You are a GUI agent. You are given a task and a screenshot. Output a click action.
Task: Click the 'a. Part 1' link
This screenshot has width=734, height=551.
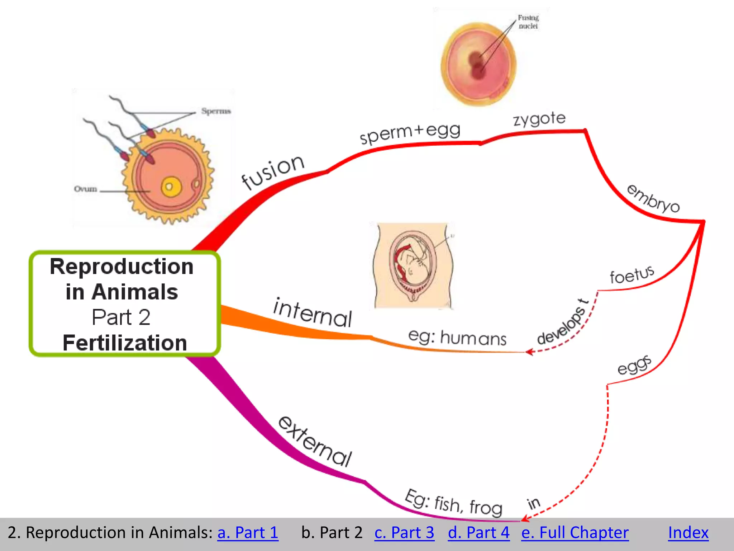tap(248, 532)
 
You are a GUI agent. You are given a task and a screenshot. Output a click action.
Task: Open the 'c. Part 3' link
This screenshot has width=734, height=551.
tap(404, 532)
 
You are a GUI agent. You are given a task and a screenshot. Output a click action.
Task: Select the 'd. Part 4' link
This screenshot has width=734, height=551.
tap(478, 532)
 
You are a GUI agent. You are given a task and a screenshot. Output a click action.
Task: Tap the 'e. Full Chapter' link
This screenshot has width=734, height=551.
tap(575, 532)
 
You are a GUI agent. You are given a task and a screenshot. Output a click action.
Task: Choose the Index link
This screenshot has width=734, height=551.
tap(688, 532)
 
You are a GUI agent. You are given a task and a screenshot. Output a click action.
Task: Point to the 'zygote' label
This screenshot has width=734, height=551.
tap(539, 119)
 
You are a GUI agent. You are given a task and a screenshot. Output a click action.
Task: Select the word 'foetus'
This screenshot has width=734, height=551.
tap(632, 275)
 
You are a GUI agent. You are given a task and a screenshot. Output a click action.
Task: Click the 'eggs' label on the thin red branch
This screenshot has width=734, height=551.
tap(634, 365)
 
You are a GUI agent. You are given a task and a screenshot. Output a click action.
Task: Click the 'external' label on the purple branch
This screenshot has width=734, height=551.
tap(315, 442)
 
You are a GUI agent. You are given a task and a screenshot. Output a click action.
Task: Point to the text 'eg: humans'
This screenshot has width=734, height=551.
tap(457, 338)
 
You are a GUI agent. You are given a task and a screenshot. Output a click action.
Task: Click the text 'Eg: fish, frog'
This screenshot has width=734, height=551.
tap(453, 503)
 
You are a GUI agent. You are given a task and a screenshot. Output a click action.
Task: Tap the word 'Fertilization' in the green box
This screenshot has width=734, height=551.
tap(125, 343)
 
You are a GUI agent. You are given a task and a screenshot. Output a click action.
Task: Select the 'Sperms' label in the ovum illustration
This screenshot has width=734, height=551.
tap(216, 111)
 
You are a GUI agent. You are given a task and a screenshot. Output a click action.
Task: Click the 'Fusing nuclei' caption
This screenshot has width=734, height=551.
tap(528, 22)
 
